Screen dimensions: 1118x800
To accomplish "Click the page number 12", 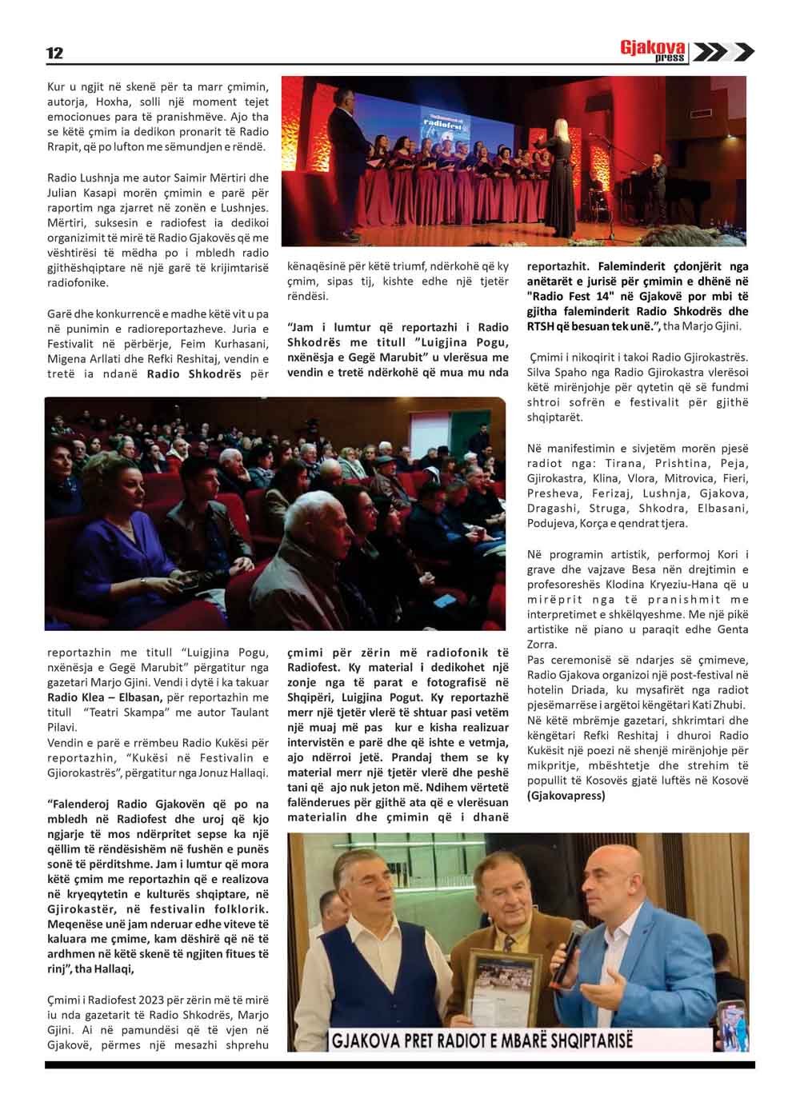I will point(54,54).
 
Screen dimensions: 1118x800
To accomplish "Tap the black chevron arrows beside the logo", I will point(722,53).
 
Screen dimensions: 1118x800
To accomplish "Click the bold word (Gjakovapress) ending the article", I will point(566,795).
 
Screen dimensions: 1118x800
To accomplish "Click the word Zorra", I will point(542,645).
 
